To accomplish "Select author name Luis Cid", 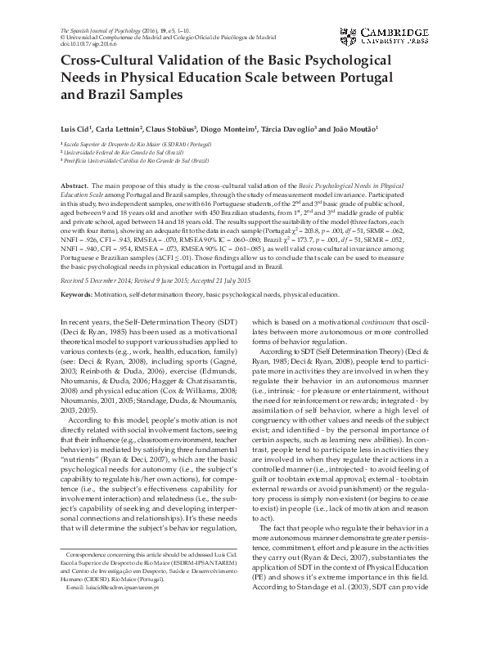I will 77,129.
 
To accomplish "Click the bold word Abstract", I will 74,187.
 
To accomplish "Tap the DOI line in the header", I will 89,43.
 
